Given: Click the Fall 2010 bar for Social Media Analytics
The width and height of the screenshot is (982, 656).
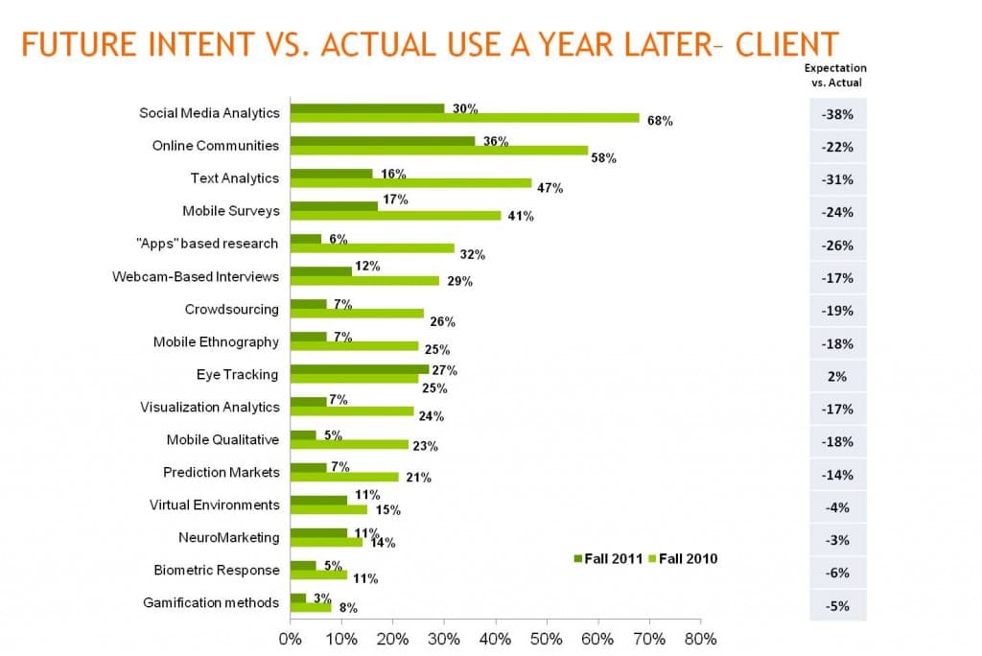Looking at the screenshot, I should pos(465,118).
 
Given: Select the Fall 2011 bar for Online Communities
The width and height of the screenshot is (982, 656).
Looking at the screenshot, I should pos(383,141).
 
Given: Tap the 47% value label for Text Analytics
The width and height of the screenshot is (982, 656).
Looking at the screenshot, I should pos(549,188).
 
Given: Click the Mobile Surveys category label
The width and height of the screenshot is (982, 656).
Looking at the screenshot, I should pos(230,211).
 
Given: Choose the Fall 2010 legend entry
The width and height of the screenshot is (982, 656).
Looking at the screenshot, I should pos(684,559).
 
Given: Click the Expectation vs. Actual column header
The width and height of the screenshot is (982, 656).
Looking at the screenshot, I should pos(834,75).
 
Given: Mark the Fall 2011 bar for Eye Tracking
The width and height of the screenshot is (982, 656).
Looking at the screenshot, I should pos(360,369).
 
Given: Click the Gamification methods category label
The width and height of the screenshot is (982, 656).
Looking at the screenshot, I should pos(211,602).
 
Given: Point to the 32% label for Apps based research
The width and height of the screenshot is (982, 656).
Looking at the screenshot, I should pos(472,254).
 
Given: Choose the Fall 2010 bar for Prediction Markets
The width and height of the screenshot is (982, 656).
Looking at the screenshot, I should pos(344,477).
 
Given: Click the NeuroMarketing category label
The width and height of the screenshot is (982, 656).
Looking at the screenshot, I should pos(228,537).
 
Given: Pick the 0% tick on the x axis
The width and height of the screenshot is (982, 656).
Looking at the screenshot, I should pos(290,637).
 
